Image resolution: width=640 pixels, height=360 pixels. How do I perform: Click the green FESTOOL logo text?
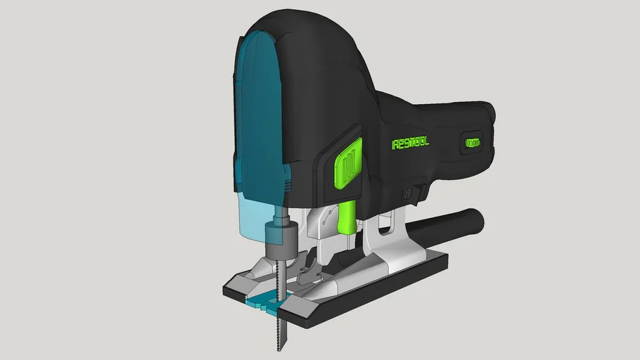(410, 143)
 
